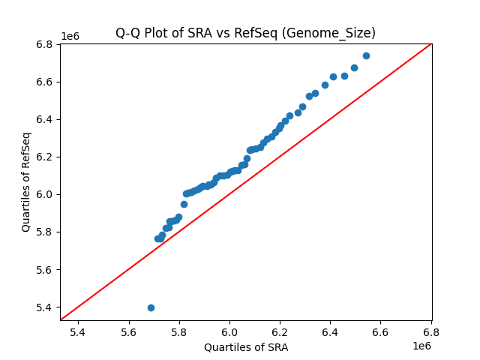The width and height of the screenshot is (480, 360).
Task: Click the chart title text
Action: coord(245,33)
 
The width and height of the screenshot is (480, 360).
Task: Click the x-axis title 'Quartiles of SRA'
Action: coord(245,347)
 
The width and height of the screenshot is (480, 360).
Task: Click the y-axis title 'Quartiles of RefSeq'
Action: coord(26,181)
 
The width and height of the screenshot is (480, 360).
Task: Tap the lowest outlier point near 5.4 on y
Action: coord(151,307)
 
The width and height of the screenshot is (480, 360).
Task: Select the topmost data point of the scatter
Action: coord(366,55)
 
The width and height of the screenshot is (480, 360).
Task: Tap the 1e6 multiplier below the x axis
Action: coord(422,346)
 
